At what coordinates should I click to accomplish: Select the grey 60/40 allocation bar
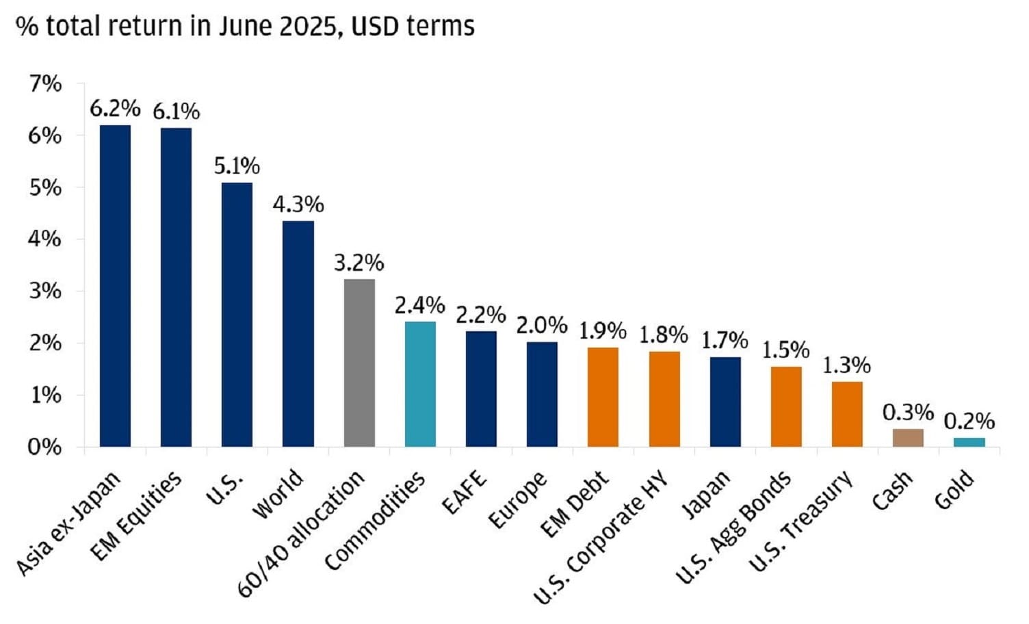pos(359,363)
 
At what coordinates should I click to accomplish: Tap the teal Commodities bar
pos(420,384)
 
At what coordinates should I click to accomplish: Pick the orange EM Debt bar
pos(603,397)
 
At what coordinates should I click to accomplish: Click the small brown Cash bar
pos(908,438)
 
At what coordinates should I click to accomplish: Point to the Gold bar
pos(969,442)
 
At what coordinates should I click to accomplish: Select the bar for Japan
pos(725,402)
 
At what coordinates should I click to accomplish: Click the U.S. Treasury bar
pos(847,414)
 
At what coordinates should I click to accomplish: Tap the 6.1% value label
pos(176,111)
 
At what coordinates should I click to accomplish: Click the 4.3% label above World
pos(298,204)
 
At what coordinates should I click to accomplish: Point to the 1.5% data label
pos(786,350)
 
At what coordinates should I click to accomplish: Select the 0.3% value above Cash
pos(908,412)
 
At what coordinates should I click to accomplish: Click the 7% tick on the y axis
pos(45,83)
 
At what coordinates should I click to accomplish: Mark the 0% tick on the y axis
pos(45,447)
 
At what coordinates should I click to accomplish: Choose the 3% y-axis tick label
pos(45,291)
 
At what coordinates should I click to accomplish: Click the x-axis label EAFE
pos(465,493)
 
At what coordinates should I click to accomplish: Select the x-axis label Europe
pos(518,500)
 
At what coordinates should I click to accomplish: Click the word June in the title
pos(244,26)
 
